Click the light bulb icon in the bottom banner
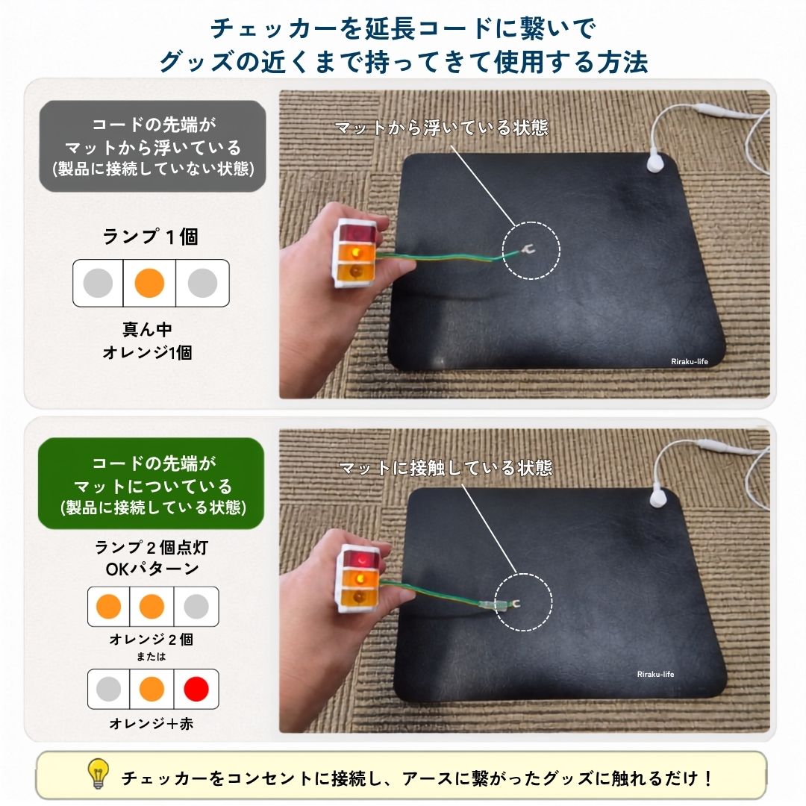click(99, 773)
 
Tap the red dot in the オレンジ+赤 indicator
click(196, 689)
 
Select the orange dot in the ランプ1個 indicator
click(149, 283)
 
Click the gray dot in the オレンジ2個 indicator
click(196, 607)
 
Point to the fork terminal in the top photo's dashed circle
click(526, 250)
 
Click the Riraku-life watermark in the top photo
click(690, 361)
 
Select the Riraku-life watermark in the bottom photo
click(655, 674)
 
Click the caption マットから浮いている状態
click(442, 128)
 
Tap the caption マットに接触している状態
click(446, 468)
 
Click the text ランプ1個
click(150, 237)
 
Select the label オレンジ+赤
click(151, 723)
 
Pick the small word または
click(151, 657)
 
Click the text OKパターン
click(152, 569)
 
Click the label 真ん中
click(147, 329)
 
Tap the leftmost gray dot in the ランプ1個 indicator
click(98, 283)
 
